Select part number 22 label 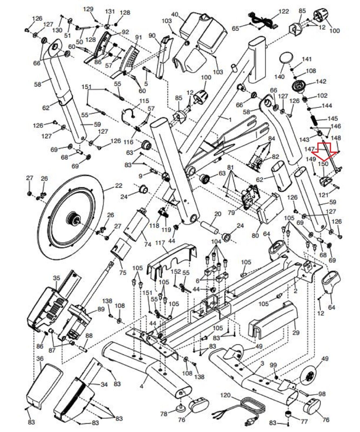[118, 186]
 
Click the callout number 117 [160, 243]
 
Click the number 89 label [101, 309]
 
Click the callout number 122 [284, 12]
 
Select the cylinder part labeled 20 [210, 227]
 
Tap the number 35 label [56, 278]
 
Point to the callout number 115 [144, 101]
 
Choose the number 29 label [296, 332]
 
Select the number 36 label [40, 359]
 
